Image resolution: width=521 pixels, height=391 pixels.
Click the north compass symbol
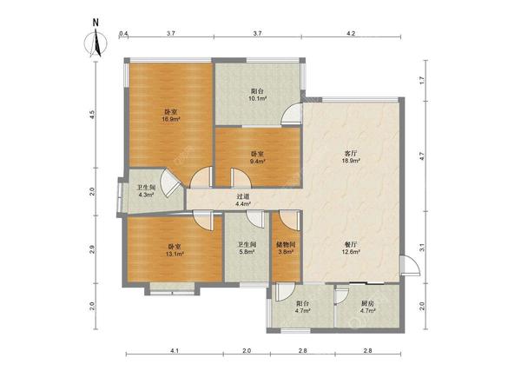tap(96, 43)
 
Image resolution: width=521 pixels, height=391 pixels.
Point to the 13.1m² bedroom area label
tap(175, 254)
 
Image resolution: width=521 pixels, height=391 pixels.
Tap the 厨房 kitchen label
tap(368, 303)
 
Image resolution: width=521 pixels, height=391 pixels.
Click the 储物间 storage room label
tap(286, 245)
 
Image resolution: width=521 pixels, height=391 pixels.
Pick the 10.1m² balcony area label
tap(258, 98)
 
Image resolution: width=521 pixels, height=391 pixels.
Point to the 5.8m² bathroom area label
tap(247, 252)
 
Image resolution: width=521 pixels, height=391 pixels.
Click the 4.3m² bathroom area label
tap(146, 195)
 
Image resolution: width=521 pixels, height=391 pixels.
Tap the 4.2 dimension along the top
tap(351, 33)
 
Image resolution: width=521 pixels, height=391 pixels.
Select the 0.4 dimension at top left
tap(123, 33)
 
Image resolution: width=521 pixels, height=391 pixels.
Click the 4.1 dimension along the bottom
tap(175, 350)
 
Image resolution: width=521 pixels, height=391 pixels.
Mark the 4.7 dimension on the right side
tap(422, 156)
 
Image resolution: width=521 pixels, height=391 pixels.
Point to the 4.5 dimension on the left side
tap(92, 115)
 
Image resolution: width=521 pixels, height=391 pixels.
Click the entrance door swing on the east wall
tap(411, 265)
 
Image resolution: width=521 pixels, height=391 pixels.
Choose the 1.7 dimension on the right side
tap(422, 80)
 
